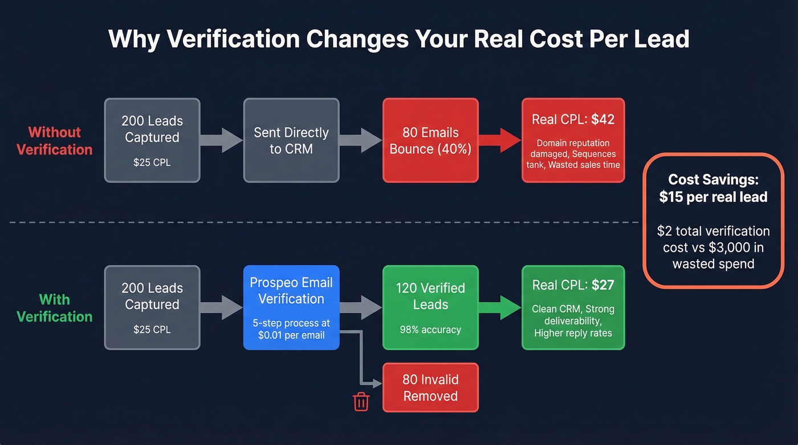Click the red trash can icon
tap(361, 402)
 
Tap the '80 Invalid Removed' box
tap(430, 387)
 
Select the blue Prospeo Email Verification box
tap(291, 308)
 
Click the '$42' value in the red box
tap(603, 120)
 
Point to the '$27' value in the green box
tap(603, 285)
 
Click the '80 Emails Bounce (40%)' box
tap(430, 140)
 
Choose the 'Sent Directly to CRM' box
tap(291, 140)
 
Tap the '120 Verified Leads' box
tap(430, 308)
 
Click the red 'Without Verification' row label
tap(55, 141)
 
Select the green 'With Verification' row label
tap(55, 308)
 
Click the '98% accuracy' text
tap(430, 329)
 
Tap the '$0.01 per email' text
tap(291, 335)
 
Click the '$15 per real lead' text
tap(713, 197)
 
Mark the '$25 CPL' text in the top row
tap(152, 162)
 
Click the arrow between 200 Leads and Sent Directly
tap(222, 140)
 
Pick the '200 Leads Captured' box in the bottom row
tap(152, 308)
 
